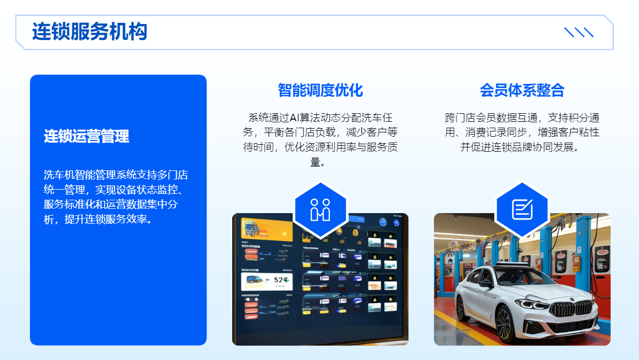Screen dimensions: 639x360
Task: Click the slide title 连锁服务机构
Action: click(90, 32)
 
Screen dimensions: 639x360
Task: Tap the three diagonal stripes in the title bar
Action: click(579, 32)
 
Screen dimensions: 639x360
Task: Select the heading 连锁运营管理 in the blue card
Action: click(86, 136)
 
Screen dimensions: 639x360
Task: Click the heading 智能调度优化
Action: click(320, 90)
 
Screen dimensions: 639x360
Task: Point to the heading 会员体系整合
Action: click(522, 90)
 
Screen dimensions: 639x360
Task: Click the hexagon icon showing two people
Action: click(320, 209)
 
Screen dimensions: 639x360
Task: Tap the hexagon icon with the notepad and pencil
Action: click(522, 209)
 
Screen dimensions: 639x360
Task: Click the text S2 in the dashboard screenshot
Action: click(279, 280)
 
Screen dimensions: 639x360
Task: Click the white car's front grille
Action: click(571, 309)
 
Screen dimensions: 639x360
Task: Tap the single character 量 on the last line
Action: click(315, 162)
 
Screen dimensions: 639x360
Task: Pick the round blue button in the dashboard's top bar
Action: click(383, 221)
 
